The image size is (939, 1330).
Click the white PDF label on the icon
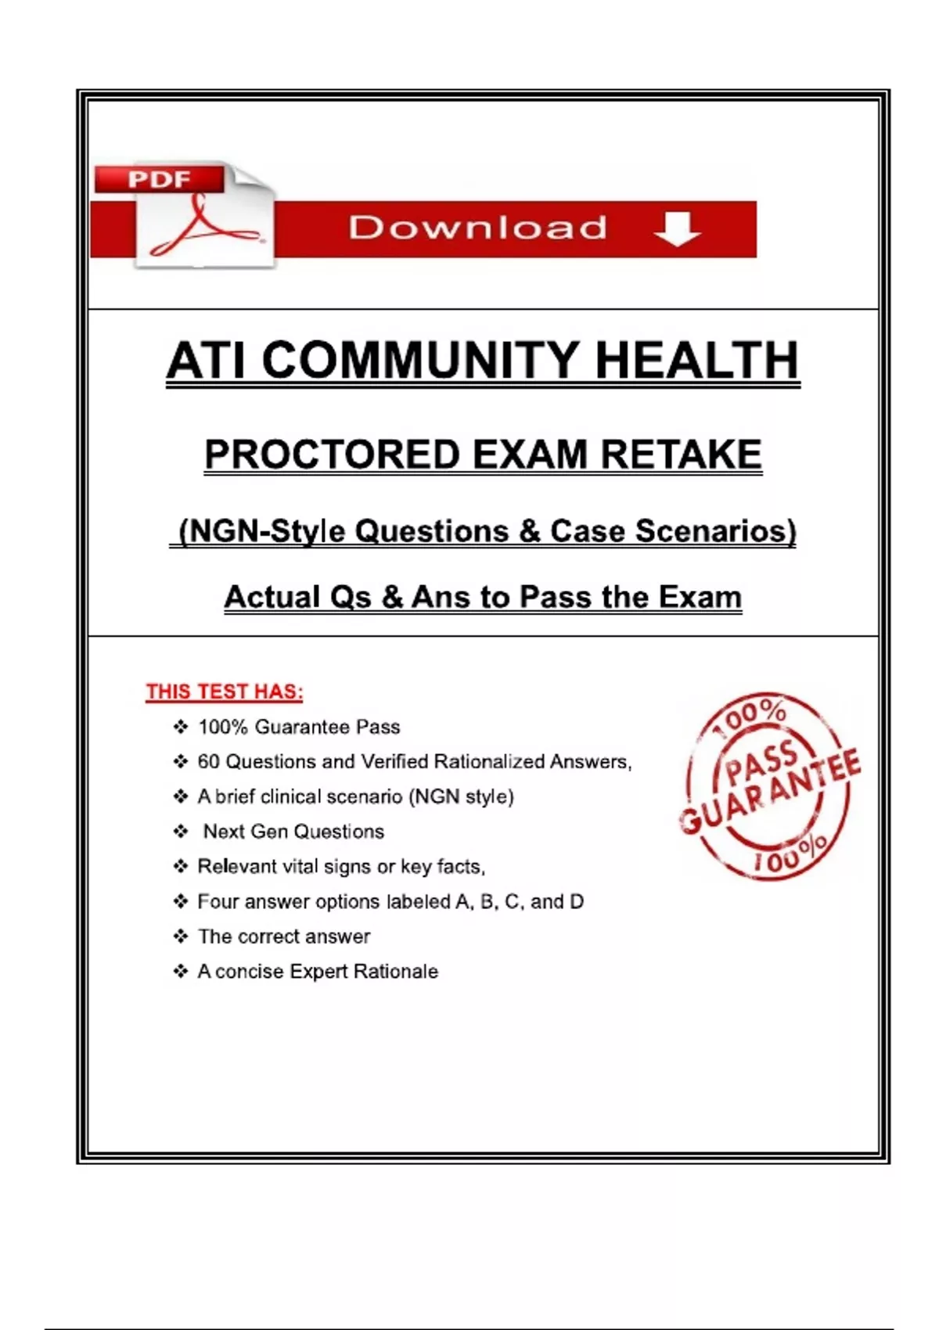coord(160,180)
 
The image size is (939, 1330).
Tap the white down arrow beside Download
coord(677,228)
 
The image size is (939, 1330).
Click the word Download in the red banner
coord(477,228)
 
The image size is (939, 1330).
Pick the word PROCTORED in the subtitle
coord(332,455)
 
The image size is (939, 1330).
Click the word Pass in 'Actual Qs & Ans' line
coord(557,598)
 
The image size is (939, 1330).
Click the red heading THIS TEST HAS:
coord(225,692)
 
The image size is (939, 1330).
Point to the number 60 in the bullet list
coord(208,762)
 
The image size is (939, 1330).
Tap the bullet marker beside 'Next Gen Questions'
coord(181,832)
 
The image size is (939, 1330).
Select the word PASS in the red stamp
coord(761,764)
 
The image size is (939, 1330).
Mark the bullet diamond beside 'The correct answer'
coord(181,936)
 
